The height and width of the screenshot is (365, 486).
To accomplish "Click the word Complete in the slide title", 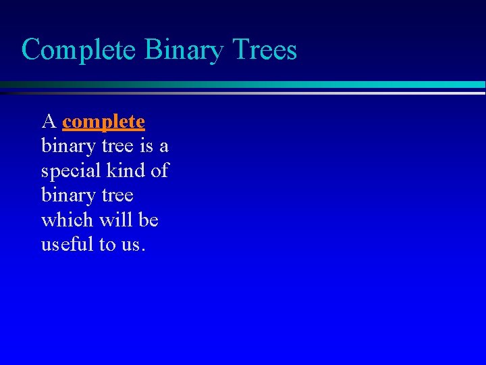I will coord(78,51).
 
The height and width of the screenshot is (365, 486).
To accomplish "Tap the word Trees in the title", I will coord(264,49).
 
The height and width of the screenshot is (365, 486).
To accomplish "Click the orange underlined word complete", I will coord(103,122).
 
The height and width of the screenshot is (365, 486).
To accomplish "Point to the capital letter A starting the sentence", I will coord(48,122).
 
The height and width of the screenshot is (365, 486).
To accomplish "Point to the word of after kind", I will coord(160,170).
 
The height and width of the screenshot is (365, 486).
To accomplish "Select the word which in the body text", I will coord(67,220).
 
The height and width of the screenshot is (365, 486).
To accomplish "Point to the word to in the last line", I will coord(107,245).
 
